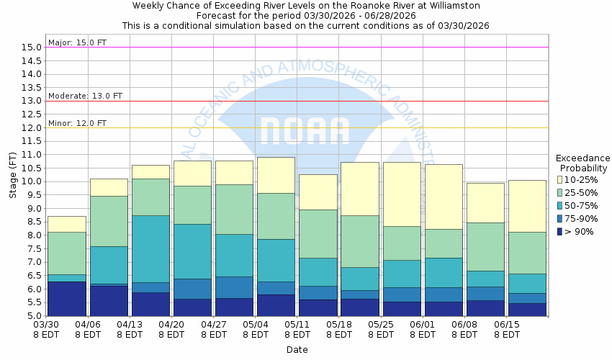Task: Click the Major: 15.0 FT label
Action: tap(77, 42)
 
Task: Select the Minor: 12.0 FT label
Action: tap(77, 123)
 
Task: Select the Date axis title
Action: tap(297, 350)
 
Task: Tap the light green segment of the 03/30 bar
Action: tap(66, 253)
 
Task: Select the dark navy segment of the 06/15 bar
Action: tap(527, 310)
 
